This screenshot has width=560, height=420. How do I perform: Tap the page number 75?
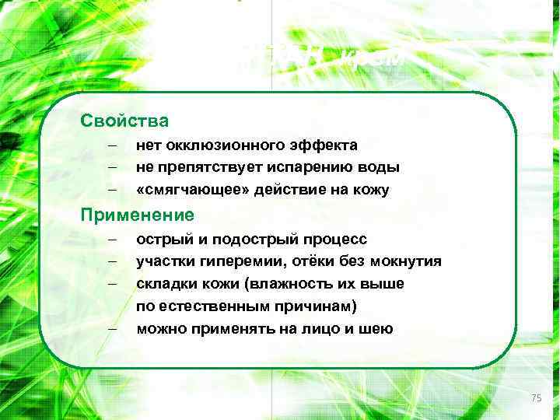536,398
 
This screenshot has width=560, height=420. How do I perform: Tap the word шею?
379,329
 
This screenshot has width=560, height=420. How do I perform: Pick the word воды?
383,167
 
